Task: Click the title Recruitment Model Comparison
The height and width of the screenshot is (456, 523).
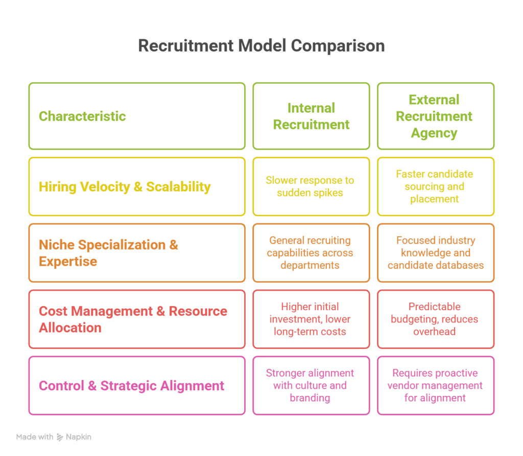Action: (261, 45)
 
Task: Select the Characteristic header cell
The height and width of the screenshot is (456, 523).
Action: (82, 116)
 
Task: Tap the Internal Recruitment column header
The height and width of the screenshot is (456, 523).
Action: (311, 116)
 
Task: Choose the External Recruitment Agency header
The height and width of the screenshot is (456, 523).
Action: (435, 116)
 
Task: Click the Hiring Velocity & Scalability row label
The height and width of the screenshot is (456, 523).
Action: (125, 187)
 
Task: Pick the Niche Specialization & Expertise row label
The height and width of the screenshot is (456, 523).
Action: (108, 253)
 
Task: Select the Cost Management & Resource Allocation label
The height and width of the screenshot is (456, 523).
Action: (133, 319)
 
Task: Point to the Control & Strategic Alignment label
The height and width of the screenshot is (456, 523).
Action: (131, 386)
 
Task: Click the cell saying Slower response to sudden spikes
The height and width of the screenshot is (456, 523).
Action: (310, 187)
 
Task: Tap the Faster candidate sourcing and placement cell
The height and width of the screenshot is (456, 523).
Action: (435, 187)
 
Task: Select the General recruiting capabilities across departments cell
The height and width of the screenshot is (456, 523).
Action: (310, 253)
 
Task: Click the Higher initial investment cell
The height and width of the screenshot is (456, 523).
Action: (310, 319)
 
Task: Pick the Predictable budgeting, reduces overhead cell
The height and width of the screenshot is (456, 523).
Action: (435, 319)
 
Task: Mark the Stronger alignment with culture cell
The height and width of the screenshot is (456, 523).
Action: (310, 386)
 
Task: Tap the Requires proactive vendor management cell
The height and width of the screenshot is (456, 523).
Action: (435, 386)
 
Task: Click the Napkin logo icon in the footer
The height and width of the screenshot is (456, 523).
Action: (60, 437)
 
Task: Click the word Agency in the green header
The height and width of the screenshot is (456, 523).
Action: (435, 133)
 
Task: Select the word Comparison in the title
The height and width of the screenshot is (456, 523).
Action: (338, 45)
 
